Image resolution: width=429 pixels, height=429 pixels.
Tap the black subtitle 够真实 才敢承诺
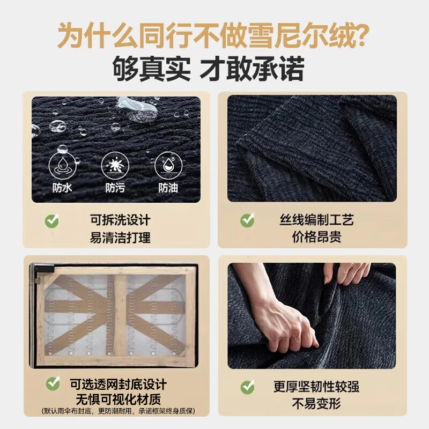coord(209,69)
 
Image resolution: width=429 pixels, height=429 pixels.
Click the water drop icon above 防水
coord(62,166)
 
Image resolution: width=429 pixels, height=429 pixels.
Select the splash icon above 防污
coord(115,166)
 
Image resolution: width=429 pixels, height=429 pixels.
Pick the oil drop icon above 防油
coord(168,166)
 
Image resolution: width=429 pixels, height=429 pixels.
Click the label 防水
coord(62,188)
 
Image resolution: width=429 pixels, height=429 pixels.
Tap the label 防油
coord(168,188)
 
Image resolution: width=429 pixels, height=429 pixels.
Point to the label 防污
coord(115,188)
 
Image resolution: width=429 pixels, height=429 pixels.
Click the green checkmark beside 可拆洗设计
coord(51,220)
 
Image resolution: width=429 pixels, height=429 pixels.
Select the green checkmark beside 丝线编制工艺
coord(247,220)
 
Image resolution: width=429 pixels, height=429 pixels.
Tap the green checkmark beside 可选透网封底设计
coord(53,383)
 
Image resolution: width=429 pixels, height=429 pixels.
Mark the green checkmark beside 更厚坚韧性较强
coord(247,387)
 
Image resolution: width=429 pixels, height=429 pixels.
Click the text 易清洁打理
coord(120,238)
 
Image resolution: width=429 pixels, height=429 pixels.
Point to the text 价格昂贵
coord(316,237)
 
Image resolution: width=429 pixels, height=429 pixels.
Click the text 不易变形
coord(316,404)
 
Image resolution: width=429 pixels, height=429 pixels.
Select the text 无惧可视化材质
coord(118,400)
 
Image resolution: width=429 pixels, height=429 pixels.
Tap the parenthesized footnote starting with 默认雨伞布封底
coord(118,411)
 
